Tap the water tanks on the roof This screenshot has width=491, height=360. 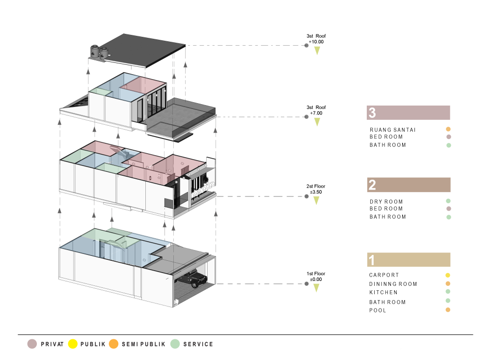click(99, 53)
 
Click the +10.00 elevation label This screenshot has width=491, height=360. click(316, 42)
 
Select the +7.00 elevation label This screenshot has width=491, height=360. click(316, 113)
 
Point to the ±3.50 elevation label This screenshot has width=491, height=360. click(316, 193)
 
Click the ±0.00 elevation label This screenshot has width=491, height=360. click(316, 279)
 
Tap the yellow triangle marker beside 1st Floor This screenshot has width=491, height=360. click(317, 288)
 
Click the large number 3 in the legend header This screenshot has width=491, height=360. click(372, 113)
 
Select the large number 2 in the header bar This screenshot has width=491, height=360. click(372, 185)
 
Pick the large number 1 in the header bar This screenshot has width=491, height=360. click(372, 260)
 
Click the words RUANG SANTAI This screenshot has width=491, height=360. click(393, 130)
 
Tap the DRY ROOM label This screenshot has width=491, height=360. click(386, 201)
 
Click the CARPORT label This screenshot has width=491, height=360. click(384, 275)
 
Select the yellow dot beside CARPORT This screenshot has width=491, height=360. click(448, 276)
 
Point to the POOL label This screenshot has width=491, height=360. click(378, 310)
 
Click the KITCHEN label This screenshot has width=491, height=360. click(383, 292)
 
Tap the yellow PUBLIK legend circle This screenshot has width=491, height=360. click(73, 344)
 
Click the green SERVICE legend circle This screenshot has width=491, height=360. click(175, 344)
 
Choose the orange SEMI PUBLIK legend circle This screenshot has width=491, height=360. click(114, 344)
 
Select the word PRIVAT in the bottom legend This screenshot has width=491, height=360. click(52, 344)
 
